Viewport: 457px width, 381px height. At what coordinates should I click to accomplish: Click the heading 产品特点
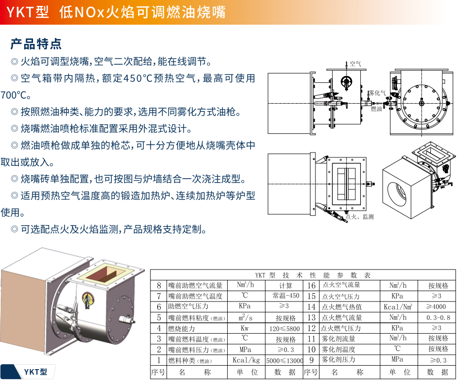click(x=36, y=44)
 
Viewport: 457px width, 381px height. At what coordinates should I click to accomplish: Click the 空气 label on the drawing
click(x=355, y=64)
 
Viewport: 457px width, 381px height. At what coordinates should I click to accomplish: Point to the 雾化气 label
click(x=378, y=93)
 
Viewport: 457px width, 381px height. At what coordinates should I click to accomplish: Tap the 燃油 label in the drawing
click(x=376, y=109)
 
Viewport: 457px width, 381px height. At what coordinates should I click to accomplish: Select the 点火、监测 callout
click(x=359, y=217)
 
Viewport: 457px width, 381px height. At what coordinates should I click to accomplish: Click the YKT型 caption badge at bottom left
click(x=35, y=372)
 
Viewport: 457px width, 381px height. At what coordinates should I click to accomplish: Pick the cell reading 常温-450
click(x=285, y=296)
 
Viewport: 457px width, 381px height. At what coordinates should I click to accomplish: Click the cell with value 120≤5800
click(x=284, y=329)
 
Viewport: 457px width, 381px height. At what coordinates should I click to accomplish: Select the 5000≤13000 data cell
click(x=284, y=360)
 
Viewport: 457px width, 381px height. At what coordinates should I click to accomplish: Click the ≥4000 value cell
click(x=436, y=306)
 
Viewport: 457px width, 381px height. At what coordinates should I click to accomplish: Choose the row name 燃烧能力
click(x=181, y=329)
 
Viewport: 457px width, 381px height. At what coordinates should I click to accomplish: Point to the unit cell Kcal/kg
click(x=246, y=360)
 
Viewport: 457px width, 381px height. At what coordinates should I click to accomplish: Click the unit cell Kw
click(x=245, y=328)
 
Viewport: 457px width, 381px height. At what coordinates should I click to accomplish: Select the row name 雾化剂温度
click(x=338, y=349)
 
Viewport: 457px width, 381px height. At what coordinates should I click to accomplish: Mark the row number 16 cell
click(x=311, y=285)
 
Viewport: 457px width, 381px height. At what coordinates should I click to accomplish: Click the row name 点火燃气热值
click(x=342, y=307)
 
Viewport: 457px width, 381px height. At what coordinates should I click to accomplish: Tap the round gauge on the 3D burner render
click(x=87, y=298)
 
